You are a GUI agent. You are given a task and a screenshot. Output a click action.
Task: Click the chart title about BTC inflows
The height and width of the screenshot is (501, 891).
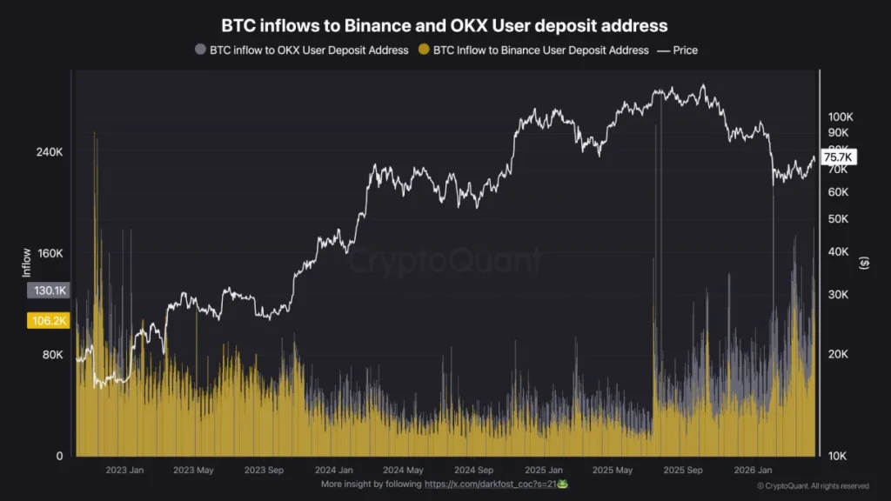coord(445,26)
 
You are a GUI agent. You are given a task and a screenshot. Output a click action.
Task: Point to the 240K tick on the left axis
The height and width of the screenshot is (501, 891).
coord(49,152)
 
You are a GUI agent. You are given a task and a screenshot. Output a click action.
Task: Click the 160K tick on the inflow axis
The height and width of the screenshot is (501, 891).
coord(49,254)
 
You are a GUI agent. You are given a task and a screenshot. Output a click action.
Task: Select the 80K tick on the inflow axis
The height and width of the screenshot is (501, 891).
coord(51,355)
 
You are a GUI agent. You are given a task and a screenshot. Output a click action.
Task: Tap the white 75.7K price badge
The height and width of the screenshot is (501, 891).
coord(839,157)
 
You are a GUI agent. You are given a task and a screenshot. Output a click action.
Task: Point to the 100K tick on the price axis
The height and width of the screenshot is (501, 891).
coord(840,117)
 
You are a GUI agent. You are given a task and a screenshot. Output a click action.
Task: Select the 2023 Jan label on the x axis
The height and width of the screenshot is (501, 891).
coord(124,471)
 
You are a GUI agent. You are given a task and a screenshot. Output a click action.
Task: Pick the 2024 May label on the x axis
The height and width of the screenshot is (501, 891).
coord(403,471)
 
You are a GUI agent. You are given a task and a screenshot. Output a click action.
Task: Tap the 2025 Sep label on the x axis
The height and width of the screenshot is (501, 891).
coord(683,471)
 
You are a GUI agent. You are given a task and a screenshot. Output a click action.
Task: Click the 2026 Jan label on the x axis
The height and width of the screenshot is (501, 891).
coord(753,471)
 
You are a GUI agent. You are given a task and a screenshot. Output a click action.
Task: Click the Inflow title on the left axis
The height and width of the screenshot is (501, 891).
coord(26,264)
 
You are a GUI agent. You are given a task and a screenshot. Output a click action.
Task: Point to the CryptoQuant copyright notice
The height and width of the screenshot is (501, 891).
coord(812,486)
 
